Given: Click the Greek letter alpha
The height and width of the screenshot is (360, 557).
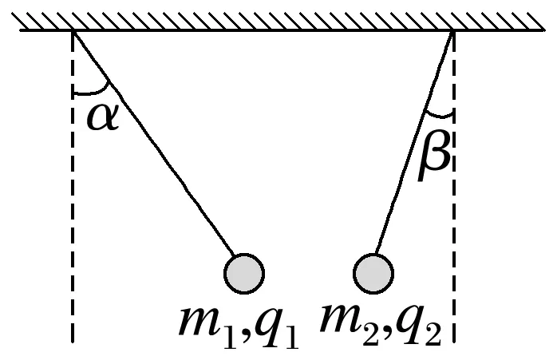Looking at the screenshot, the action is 102,119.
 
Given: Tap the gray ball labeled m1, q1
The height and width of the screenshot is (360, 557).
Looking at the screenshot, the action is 244,274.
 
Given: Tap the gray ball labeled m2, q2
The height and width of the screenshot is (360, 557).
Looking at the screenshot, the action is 373,274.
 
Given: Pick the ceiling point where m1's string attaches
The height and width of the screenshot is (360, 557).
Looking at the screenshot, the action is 73,31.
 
